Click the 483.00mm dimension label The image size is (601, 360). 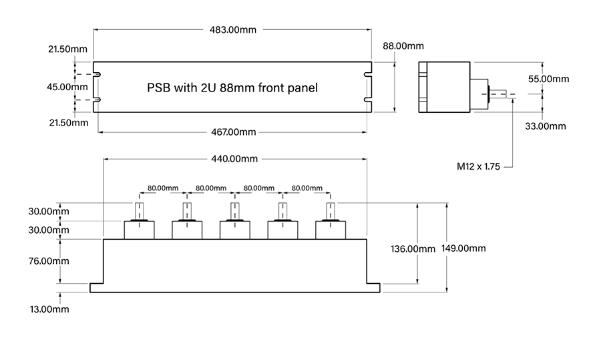pyautogui.click(x=233, y=29)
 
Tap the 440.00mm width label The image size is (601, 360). pyautogui.click(x=235, y=159)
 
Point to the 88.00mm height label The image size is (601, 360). pyautogui.click(x=403, y=46)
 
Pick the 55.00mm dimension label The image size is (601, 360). pyautogui.click(x=549, y=78)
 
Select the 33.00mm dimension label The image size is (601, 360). pyautogui.click(x=545, y=126)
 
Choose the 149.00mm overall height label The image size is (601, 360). pyautogui.click(x=463, y=248)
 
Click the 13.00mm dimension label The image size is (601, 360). pyautogui.click(x=46, y=309)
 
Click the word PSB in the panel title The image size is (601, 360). pyautogui.click(x=158, y=87)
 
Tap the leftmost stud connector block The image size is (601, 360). pyautogui.click(x=140, y=229)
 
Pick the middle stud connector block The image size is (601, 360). pyautogui.click(x=236, y=229)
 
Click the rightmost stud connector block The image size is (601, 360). pyautogui.click(x=331, y=229)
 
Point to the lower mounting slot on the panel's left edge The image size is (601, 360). pyautogui.click(x=97, y=100)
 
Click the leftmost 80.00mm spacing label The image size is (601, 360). pyautogui.click(x=164, y=188)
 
